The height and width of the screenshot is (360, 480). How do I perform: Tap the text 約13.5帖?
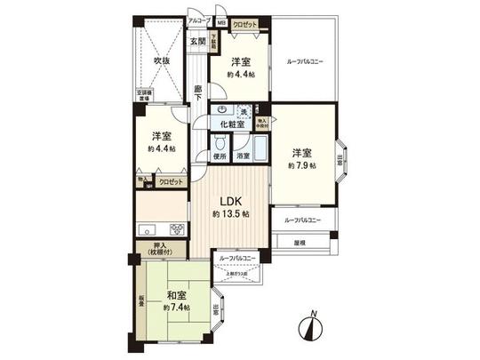[230, 215]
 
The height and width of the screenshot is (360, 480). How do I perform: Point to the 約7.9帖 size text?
[301, 166]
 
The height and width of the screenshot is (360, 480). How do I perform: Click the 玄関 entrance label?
[197, 42]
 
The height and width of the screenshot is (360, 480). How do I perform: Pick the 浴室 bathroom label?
[243, 156]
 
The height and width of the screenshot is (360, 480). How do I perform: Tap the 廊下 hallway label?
[197, 92]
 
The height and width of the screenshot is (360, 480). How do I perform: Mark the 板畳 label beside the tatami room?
[141, 302]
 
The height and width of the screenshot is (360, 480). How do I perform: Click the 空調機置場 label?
[144, 94]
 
